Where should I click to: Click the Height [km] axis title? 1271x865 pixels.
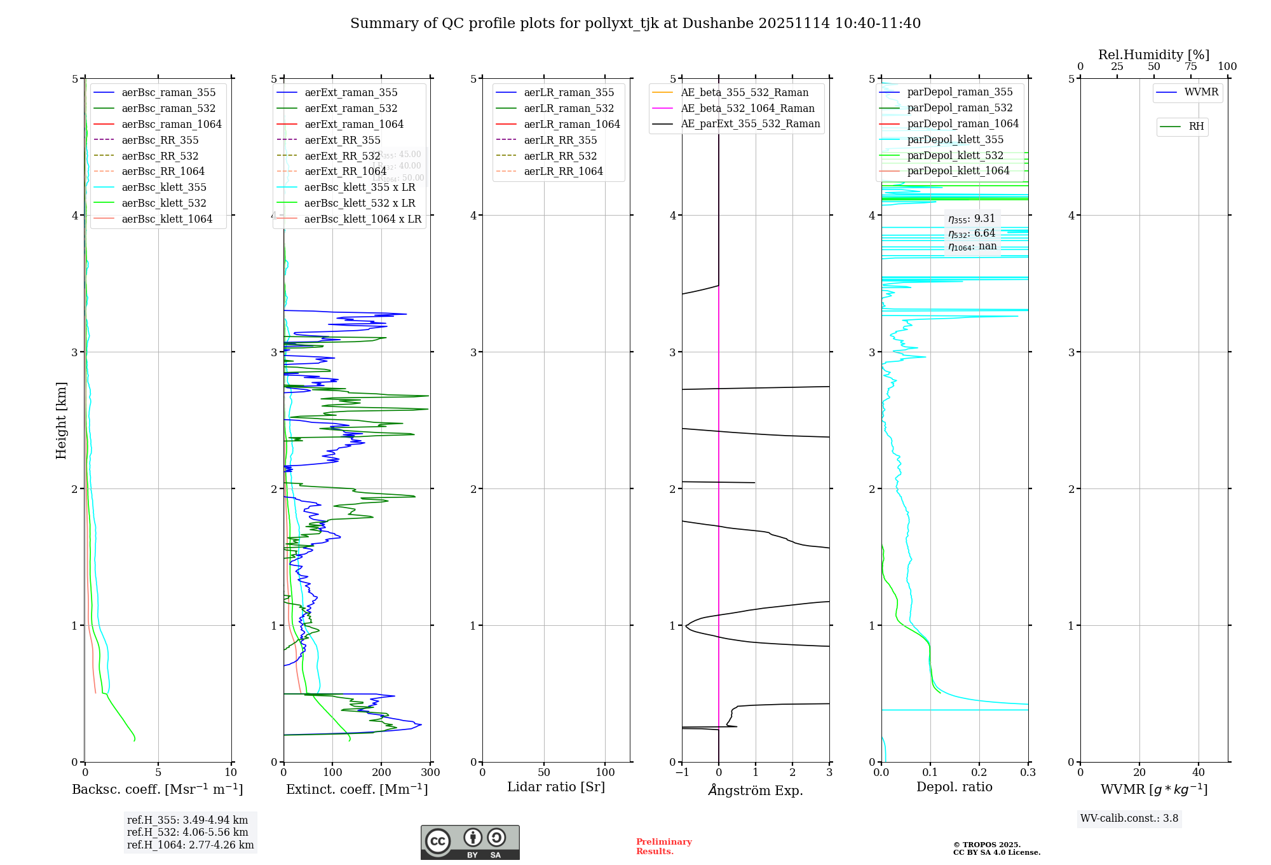61,420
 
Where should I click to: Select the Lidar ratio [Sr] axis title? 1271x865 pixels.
556,787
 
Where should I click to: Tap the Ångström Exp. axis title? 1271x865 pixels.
756,790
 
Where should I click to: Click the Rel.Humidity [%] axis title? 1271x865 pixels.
1153,55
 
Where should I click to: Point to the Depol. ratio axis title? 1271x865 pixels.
954,787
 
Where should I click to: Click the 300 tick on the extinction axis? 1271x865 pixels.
431,773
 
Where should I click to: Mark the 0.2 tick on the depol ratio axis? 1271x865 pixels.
979,773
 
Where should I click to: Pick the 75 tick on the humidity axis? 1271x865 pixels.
1190,67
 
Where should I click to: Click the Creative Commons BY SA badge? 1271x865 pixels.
470,842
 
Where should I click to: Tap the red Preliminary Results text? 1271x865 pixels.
663,847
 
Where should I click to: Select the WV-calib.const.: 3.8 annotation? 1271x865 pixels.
1129,819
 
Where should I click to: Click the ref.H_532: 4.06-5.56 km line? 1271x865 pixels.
187,833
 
